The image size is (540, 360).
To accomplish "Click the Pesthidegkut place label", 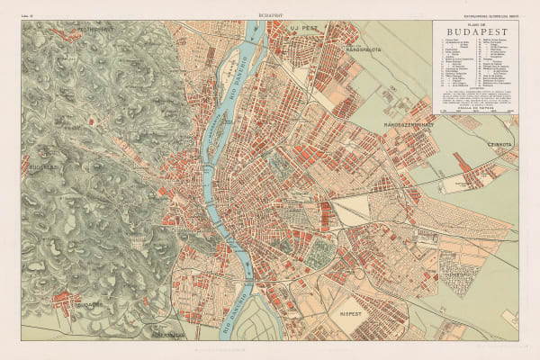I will [x=76, y=28].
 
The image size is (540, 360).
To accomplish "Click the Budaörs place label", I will [x=74, y=304].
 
